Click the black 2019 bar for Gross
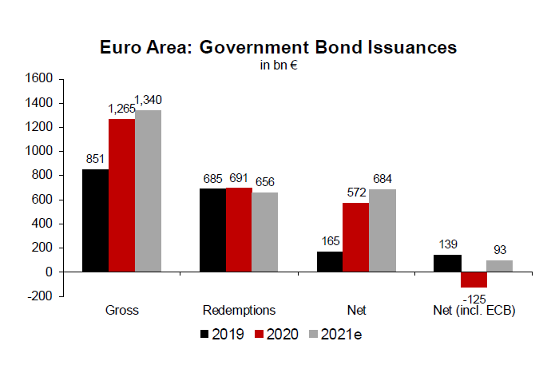pos(96,220)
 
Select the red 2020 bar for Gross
pos(122,195)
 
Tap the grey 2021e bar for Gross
pos(148,191)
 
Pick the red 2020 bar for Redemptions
pos(239,230)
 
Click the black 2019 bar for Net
pos(331,262)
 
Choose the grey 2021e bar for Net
pos(383,231)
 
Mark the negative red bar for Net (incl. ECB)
pos(474,280)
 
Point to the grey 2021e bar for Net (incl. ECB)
pos(500,266)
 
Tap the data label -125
pos(475,297)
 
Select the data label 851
pos(96,159)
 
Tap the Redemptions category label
pos(239,310)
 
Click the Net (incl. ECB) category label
pos(474,310)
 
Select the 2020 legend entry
pos(276,334)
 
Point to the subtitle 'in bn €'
pos(279,65)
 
